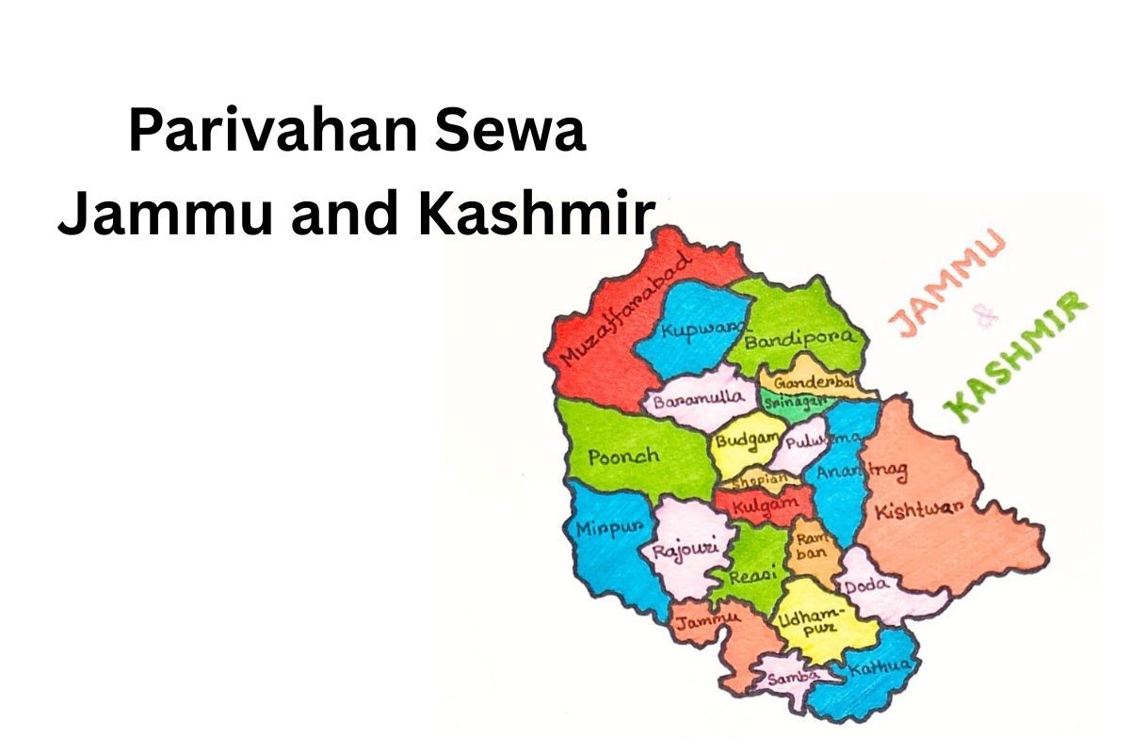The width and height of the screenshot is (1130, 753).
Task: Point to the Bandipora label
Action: [800, 340]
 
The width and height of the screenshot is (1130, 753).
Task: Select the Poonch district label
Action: [623, 457]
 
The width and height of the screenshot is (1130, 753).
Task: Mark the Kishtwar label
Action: [918, 509]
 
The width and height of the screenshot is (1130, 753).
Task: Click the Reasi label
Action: [748, 573]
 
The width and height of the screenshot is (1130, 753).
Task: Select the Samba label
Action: [789, 677]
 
